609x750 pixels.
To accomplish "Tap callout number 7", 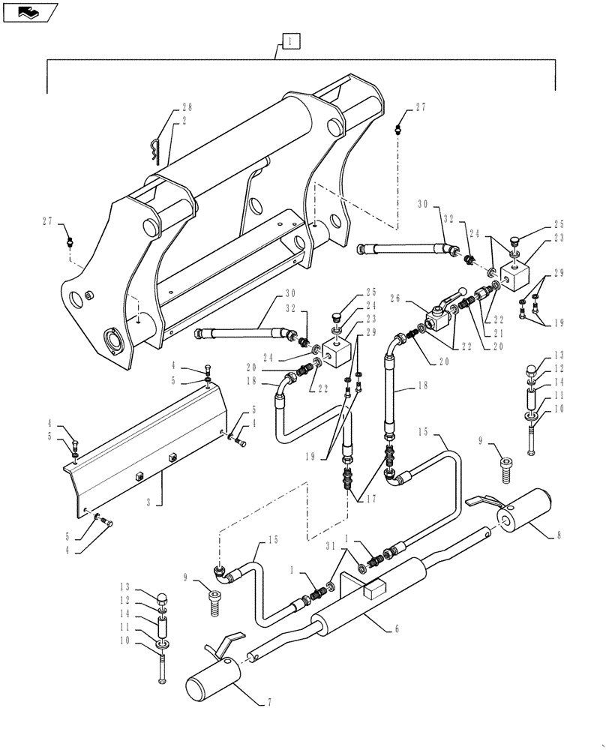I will [268, 703].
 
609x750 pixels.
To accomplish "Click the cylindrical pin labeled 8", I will [524, 510].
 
